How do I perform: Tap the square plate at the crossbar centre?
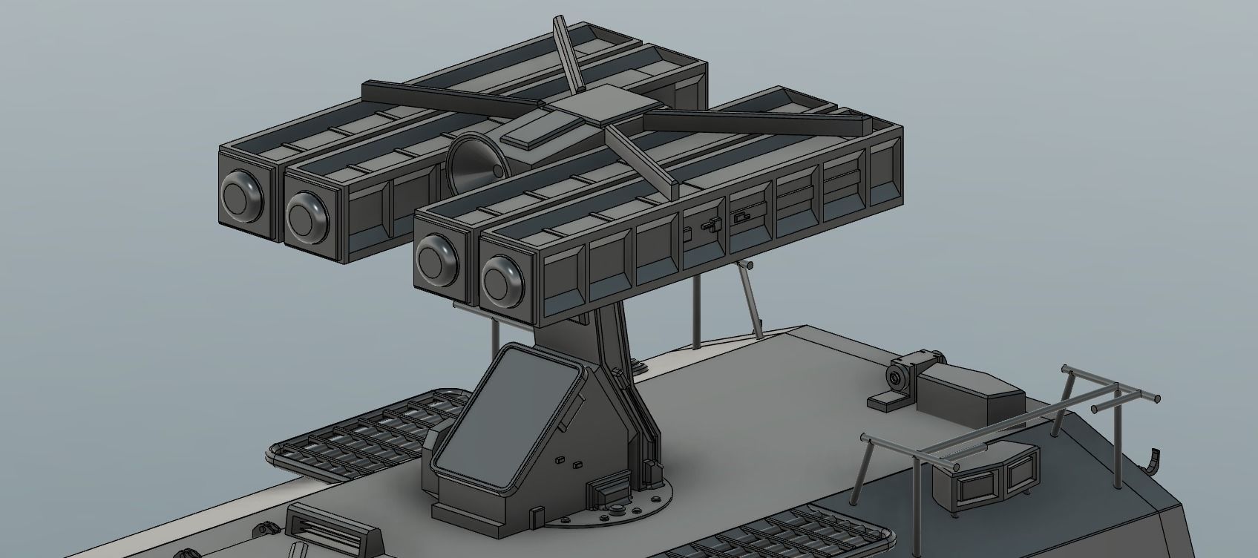[x=604, y=102]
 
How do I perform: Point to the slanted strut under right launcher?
[x=751, y=297]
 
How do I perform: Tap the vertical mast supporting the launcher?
[x=609, y=349]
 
